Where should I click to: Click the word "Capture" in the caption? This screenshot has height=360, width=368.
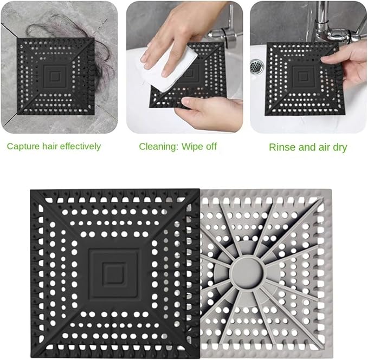point(23,147)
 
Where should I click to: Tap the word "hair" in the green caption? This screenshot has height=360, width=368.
point(50,146)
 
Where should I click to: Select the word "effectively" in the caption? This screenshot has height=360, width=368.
point(80,146)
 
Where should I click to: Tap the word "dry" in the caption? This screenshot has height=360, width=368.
point(340,148)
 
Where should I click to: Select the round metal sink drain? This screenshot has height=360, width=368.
point(257,67)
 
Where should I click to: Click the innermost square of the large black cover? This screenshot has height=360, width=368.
point(114,273)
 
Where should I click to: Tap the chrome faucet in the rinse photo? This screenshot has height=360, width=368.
point(338,26)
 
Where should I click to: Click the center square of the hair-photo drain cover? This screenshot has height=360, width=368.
point(55,75)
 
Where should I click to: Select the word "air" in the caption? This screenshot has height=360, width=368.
point(324,147)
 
